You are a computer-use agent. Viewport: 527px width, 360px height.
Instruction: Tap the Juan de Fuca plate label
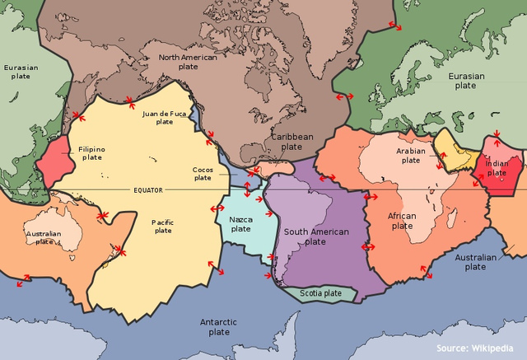[165, 117]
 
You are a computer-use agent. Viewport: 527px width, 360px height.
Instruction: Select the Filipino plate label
[91, 152]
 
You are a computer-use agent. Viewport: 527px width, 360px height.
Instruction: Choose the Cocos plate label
[203, 174]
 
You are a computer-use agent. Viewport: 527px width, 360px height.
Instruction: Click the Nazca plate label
[241, 223]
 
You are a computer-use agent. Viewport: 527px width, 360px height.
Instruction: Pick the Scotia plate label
[320, 292]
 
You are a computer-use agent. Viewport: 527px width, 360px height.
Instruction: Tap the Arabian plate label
[411, 156]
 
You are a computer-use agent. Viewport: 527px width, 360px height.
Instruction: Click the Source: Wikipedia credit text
[480, 347]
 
